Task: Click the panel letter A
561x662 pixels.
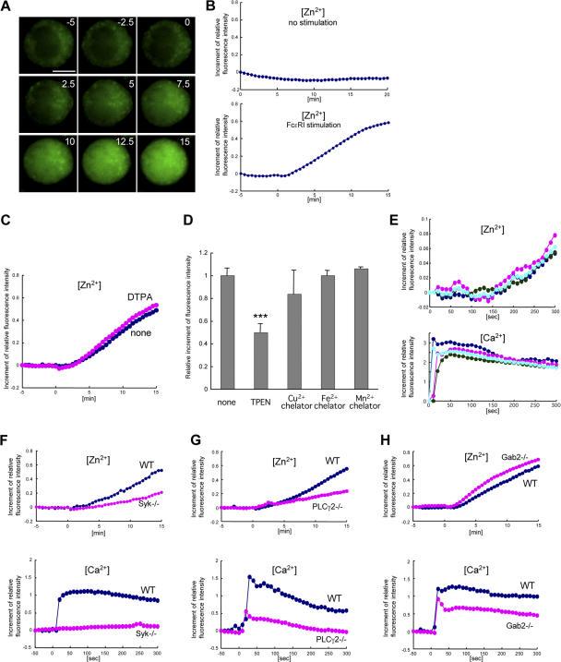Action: pyautogui.click(x=7, y=8)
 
